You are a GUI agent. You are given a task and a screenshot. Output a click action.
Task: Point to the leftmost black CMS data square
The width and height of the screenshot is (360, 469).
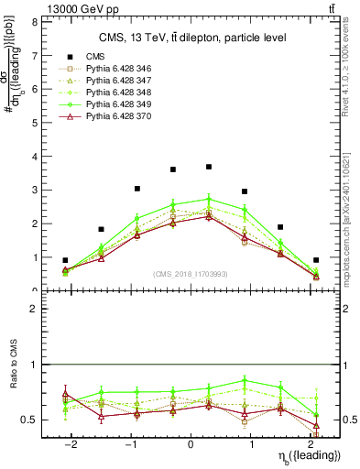[x=65, y=260]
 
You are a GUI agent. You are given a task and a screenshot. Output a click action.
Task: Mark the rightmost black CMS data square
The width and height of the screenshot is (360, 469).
[x=316, y=260]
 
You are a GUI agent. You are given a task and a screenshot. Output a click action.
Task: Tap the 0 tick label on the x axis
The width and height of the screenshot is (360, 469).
[x=191, y=443]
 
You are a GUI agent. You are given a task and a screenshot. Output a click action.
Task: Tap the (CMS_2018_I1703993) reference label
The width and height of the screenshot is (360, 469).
[x=190, y=274]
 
